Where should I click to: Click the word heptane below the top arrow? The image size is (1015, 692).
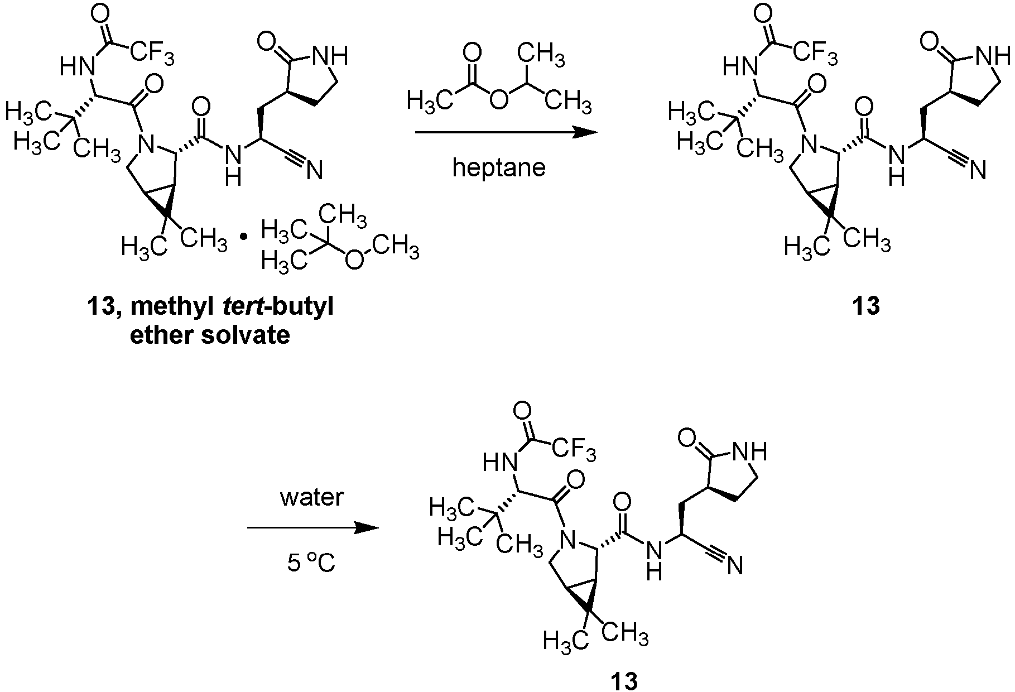(499, 167)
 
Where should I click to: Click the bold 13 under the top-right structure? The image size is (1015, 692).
(867, 307)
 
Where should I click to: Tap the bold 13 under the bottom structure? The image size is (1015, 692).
(624, 682)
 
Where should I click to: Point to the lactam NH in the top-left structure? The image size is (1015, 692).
(331, 56)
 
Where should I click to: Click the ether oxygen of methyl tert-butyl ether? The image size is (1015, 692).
(354, 259)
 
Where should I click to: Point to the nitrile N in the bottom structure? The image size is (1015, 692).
(735, 566)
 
